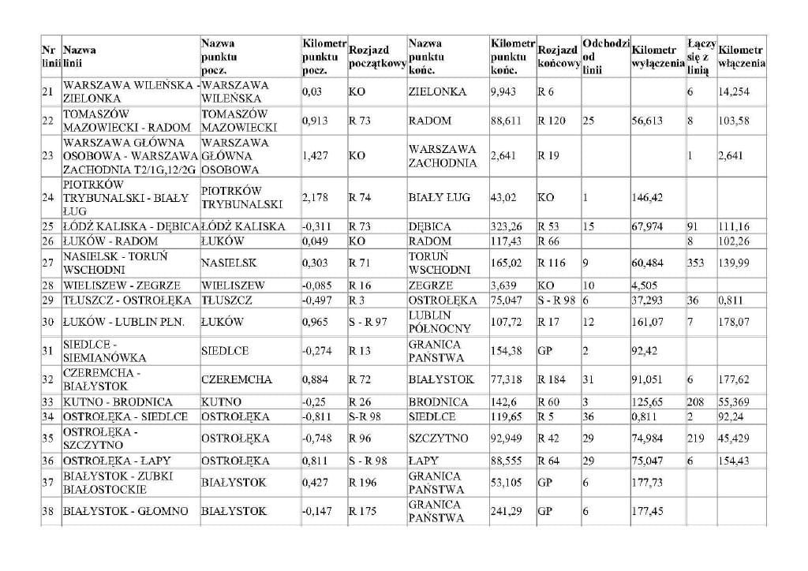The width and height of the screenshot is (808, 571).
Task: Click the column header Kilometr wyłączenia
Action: coord(657,57)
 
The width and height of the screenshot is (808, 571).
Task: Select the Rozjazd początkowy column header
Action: coord(376,57)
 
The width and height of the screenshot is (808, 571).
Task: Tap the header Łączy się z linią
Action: coord(701,57)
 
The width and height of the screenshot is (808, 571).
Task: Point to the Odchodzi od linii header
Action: coord(605,57)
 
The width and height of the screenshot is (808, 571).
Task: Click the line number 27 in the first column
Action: coord(47,263)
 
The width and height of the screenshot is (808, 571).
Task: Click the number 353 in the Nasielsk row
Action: coord(696,263)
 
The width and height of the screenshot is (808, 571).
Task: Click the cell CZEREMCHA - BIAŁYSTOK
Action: coord(103,379)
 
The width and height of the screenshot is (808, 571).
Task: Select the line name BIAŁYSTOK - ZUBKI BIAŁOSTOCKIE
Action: coord(118,483)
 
